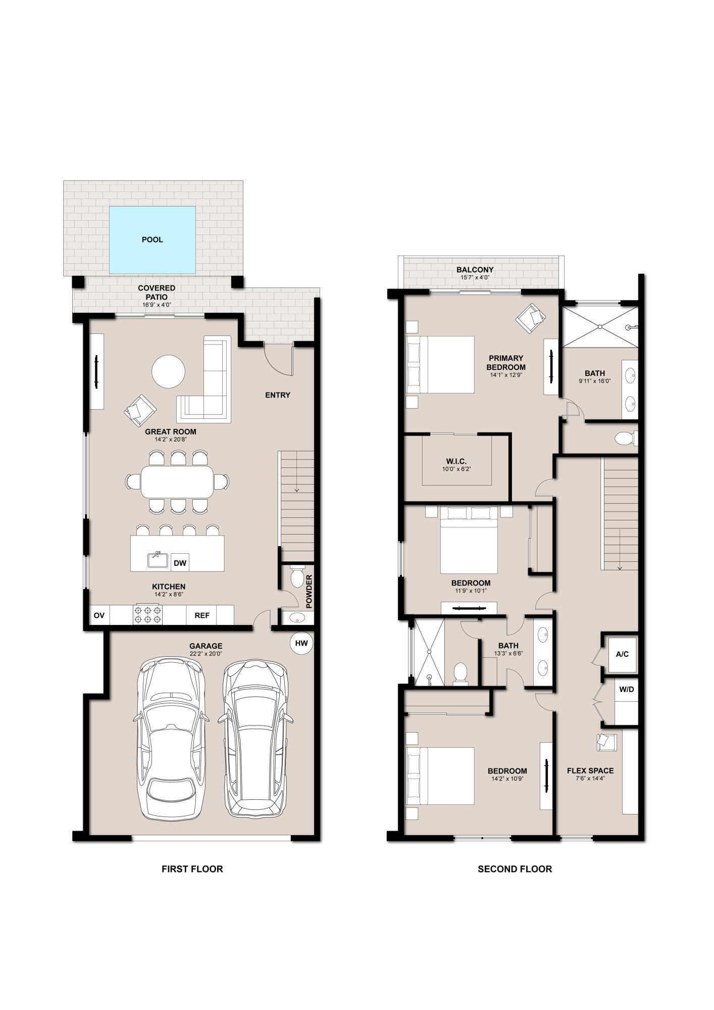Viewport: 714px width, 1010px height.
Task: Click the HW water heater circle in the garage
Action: click(301, 643)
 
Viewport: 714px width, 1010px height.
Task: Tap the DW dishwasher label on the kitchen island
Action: click(180, 563)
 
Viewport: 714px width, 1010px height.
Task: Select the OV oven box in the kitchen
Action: click(99, 615)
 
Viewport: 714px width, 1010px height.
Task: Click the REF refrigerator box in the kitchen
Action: click(202, 615)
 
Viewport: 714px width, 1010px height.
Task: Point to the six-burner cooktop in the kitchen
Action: click(147, 615)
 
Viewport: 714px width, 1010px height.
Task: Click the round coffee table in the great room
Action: click(169, 371)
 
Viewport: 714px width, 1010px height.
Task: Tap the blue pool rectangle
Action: click(152, 239)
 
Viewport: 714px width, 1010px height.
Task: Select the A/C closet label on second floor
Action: click(622, 654)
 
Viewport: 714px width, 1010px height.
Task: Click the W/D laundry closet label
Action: click(626, 689)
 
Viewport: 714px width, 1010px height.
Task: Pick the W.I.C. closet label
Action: click(456, 461)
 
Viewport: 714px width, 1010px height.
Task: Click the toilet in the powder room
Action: click(297, 576)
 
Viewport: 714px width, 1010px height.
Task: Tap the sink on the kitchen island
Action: click(157, 559)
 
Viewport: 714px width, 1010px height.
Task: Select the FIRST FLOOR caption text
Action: click(192, 883)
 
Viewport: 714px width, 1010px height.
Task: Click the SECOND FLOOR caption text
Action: click(515, 883)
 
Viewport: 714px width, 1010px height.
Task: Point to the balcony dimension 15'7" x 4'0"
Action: click(475, 277)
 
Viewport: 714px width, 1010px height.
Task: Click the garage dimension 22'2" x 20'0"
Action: click(206, 654)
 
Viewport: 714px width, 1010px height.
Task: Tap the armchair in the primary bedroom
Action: click(531, 318)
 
